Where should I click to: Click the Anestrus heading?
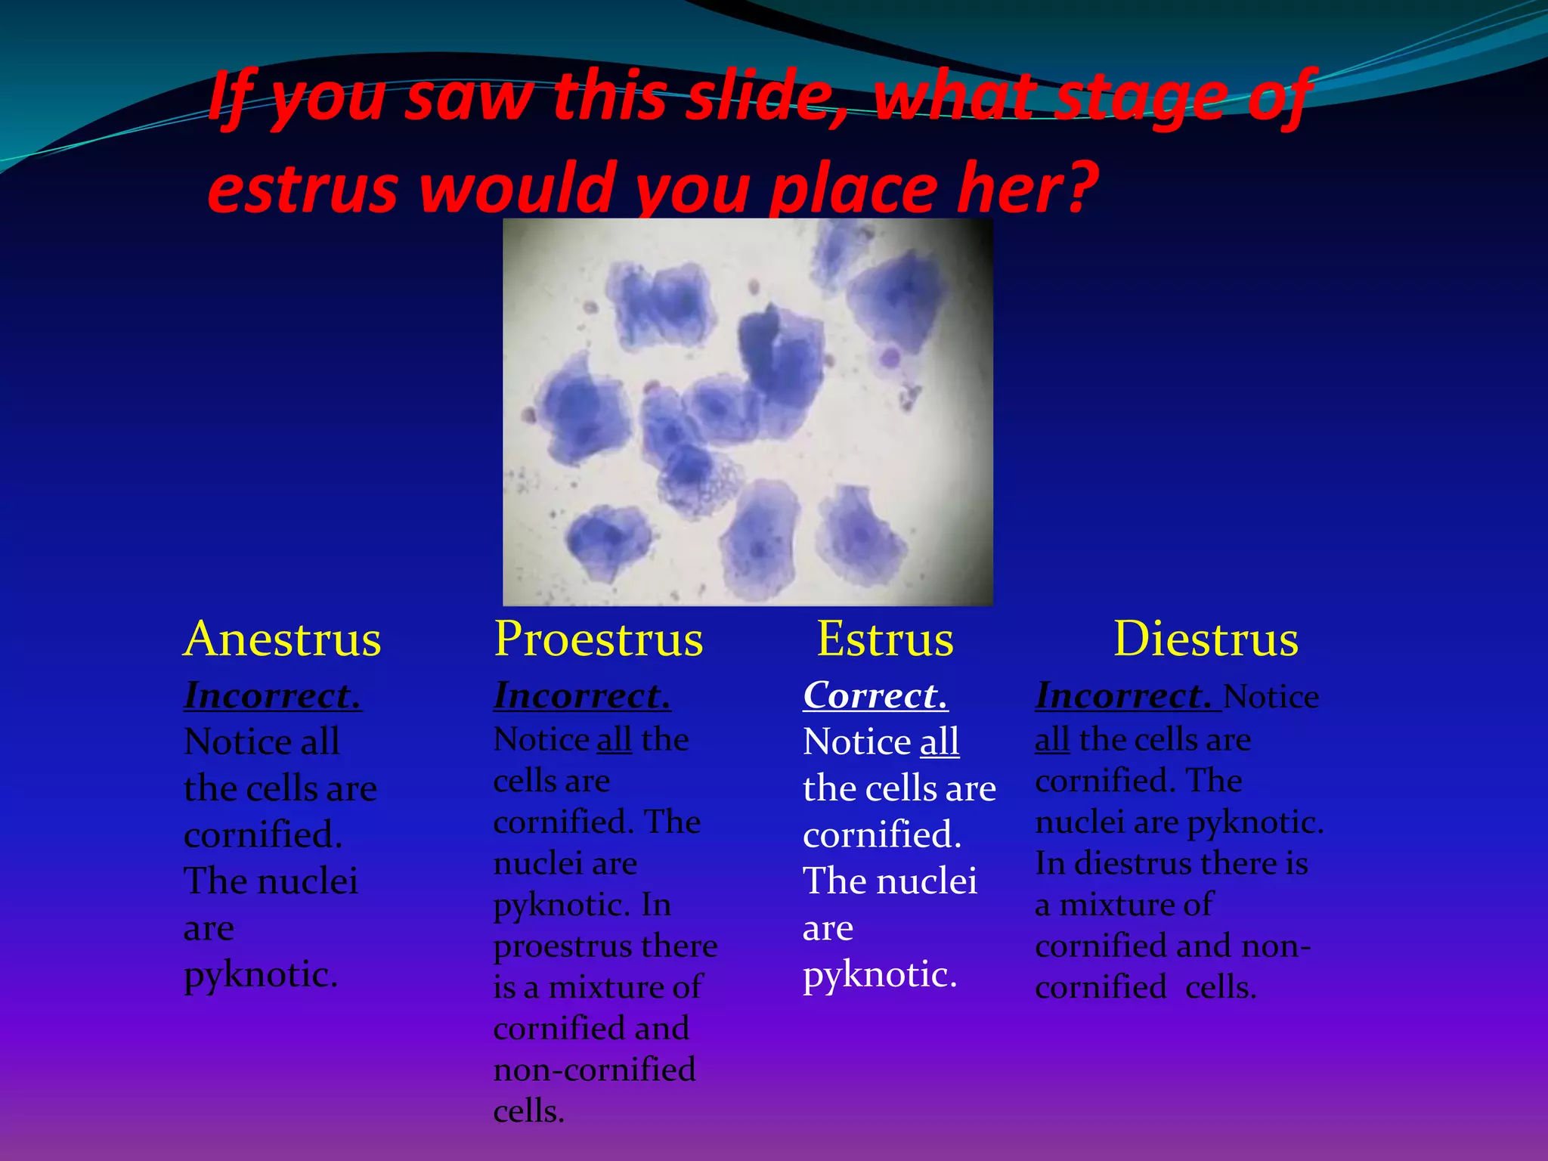coord(282,639)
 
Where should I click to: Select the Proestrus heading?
coord(598,639)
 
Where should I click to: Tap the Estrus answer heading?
coord(885,639)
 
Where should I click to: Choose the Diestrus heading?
coord(1206,639)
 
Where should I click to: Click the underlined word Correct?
coord(875,695)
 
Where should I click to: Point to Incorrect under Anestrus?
coord(272,695)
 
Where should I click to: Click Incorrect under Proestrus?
coord(582,695)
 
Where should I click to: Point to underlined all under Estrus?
coord(940,741)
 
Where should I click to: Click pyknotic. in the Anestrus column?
coord(261,975)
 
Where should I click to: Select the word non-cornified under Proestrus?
coord(594,1070)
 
